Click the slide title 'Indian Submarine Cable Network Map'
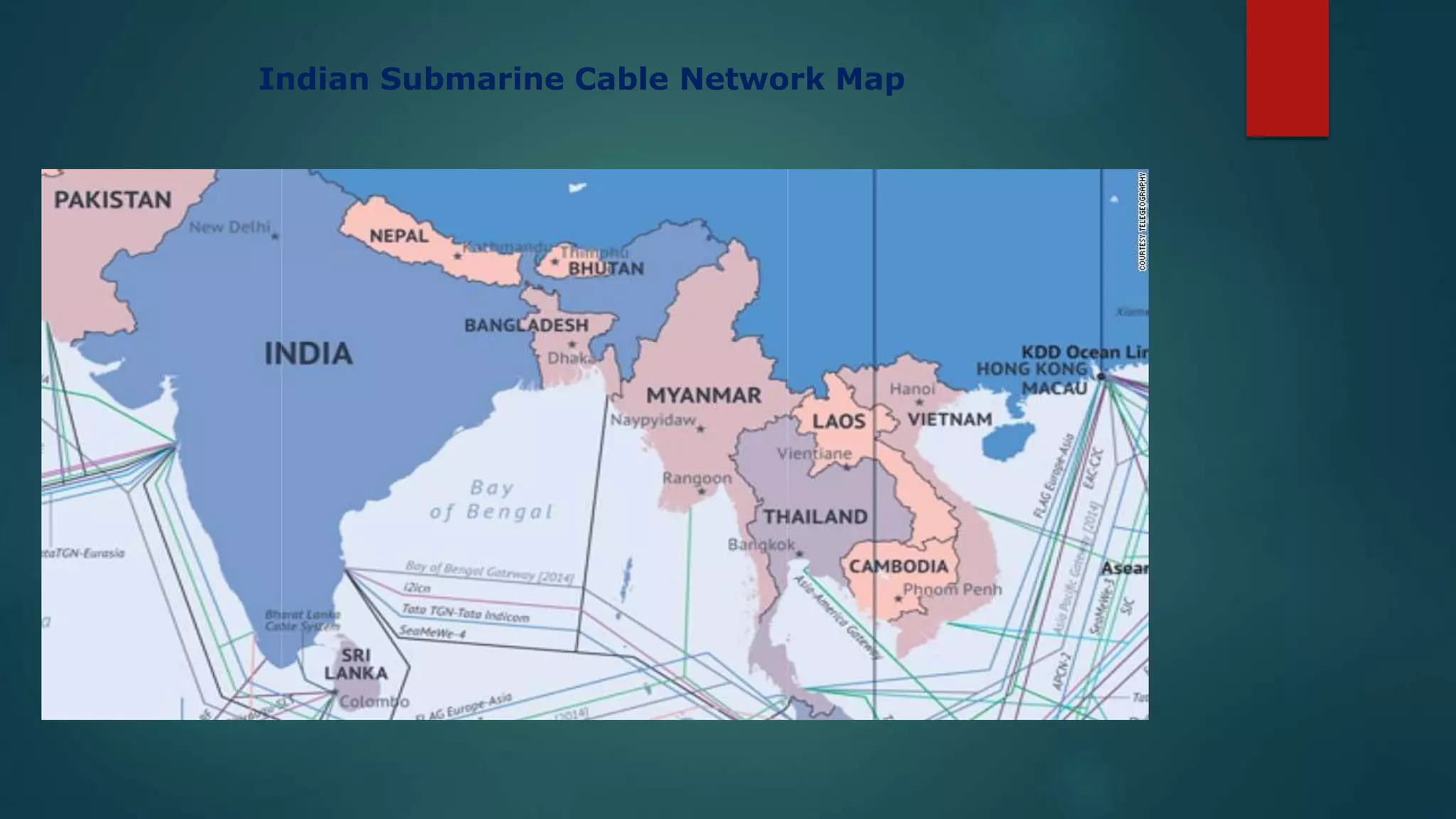[581, 79]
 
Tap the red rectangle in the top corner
[1287, 68]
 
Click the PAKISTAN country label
[113, 200]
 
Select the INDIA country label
[309, 353]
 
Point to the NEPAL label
[399, 235]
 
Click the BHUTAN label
[606, 269]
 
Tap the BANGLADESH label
[526, 326]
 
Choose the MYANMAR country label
[703, 395]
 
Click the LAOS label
[839, 422]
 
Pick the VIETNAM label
[950, 419]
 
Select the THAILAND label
[815, 517]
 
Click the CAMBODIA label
[899, 567]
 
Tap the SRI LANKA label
[356, 664]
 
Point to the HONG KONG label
[1032, 369]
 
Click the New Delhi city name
[230, 227]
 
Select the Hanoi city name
[912, 389]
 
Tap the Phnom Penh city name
[952, 589]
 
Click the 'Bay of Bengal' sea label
[491, 500]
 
